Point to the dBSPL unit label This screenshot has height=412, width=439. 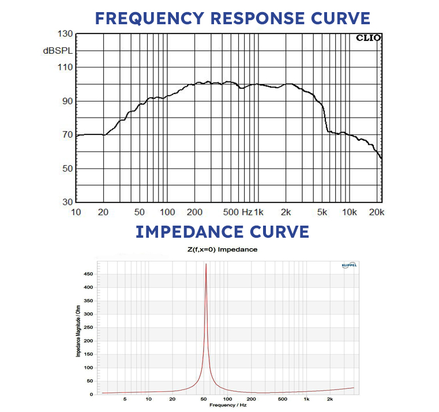coord(58,51)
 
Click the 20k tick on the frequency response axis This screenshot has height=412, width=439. coord(376,212)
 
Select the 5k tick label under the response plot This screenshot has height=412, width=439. coord(322,212)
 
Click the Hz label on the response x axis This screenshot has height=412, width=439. coord(247,212)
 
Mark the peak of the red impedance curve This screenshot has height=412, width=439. coord(206,264)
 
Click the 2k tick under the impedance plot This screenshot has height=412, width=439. coord(329,399)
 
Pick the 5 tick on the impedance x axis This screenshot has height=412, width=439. coord(125,399)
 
